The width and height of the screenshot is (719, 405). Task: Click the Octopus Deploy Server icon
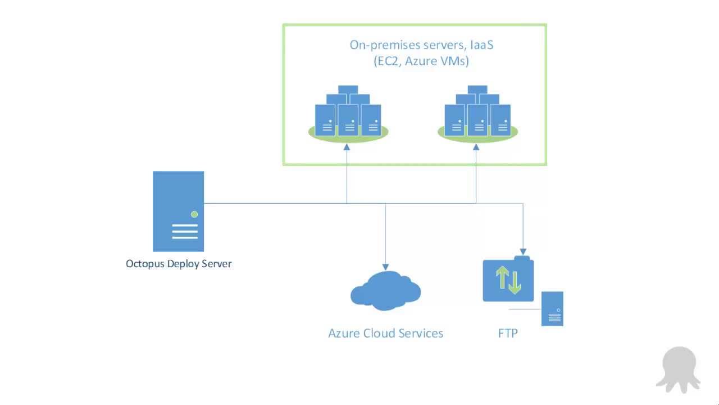tap(178, 211)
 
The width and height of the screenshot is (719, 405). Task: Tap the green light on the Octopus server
tap(194, 214)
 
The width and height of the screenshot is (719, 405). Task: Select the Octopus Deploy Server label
tap(179, 264)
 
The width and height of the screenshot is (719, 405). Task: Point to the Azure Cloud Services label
tap(385, 333)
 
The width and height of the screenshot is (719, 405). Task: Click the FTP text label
tap(508, 333)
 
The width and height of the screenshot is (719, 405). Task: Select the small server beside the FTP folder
tap(552, 309)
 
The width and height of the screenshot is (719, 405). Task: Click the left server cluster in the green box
tap(348, 115)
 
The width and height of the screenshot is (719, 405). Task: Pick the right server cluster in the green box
tap(477, 115)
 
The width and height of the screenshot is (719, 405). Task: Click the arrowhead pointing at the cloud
tap(385, 267)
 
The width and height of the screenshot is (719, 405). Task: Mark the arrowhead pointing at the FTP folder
tap(524, 252)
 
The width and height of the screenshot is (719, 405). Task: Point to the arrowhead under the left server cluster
tap(347, 146)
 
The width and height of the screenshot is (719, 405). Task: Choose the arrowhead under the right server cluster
tap(476, 146)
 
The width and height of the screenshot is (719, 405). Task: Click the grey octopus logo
tap(678, 368)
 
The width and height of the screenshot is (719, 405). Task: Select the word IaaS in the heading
tap(478, 45)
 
